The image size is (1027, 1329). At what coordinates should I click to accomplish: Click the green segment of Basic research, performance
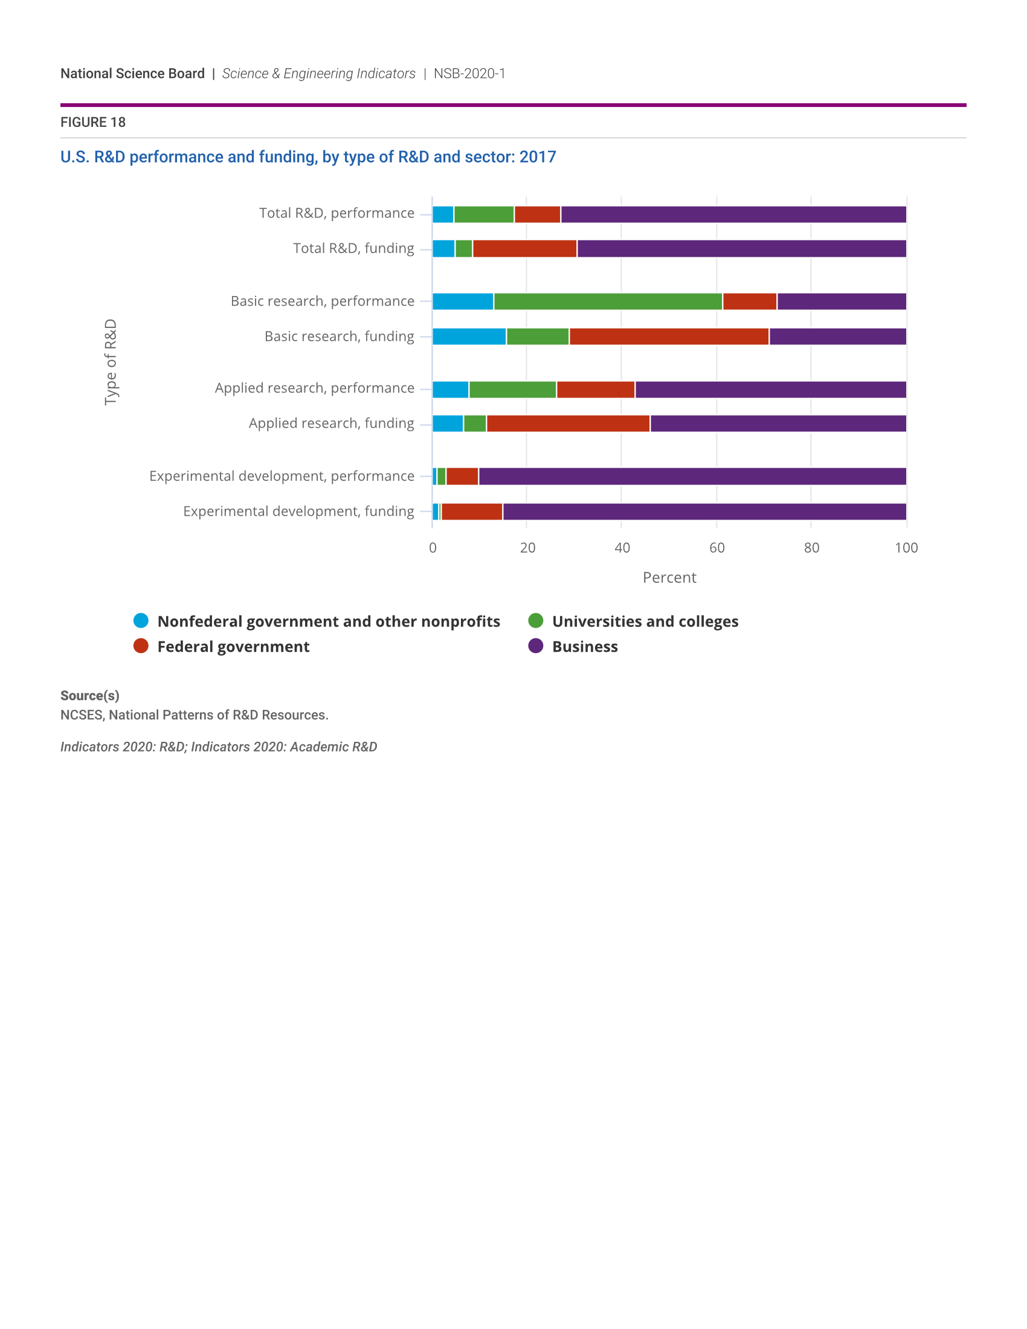tap(608, 301)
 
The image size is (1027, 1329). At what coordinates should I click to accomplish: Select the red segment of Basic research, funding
tap(669, 336)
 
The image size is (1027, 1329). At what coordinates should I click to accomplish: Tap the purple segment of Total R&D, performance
tap(733, 214)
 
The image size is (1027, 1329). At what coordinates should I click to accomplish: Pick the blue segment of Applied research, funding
tap(448, 423)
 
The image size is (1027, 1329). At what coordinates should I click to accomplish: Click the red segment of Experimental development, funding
tap(472, 512)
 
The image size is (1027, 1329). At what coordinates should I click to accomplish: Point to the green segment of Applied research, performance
tap(512, 390)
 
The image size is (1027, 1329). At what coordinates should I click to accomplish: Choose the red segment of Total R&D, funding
tap(524, 248)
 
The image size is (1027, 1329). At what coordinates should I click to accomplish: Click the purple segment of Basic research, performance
tap(842, 301)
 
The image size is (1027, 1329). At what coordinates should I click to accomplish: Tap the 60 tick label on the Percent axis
tap(716, 548)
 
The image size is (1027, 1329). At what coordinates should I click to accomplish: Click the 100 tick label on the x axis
tap(906, 548)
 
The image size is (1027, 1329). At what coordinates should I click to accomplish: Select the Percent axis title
tap(669, 578)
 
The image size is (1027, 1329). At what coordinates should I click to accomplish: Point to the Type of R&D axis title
tap(110, 362)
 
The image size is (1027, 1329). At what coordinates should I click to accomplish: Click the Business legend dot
tap(535, 646)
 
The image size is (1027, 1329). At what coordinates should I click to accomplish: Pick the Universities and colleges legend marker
tap(535, 620)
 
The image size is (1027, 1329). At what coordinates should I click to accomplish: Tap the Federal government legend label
tap(233, 646)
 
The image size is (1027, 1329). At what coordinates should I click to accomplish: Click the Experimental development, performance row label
tap(282, 476)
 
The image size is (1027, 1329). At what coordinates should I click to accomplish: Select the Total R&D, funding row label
tap(353, 248)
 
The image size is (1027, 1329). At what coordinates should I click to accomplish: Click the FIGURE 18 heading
tap(93, 122)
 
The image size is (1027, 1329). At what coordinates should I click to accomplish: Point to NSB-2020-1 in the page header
tap(469, 74)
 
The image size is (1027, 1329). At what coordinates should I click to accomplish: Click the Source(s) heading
tap(89, 695)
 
